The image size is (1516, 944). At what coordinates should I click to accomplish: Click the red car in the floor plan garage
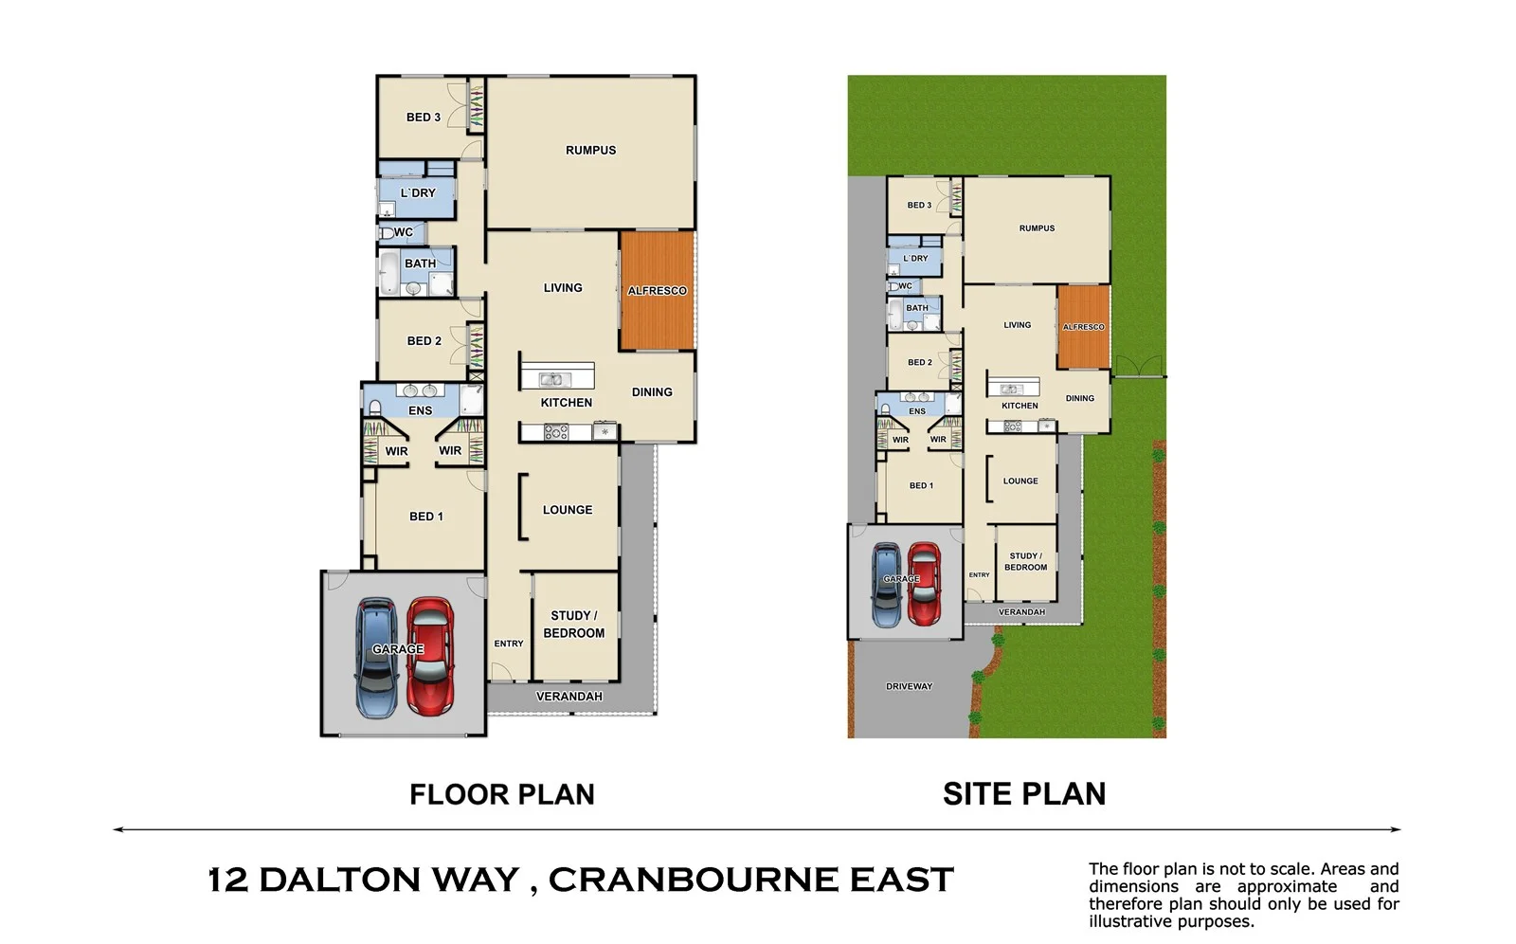pos(430,656)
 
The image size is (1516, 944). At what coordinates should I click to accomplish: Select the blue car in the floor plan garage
pos(376,658)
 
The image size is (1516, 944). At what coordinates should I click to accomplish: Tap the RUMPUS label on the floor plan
pos(590,150)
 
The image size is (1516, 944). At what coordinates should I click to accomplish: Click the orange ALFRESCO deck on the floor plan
pos(657,290)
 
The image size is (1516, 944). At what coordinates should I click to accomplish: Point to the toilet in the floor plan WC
pos(387,232)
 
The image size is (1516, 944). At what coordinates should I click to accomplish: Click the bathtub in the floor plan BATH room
pos(388,273)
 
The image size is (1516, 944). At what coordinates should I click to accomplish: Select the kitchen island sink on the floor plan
pos(555,380)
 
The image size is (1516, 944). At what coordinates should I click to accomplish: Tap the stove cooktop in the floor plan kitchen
pos(556,432)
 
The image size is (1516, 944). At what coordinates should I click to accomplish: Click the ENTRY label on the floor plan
pos(509,644)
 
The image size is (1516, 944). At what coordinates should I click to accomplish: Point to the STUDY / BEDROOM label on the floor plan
pos(573,624)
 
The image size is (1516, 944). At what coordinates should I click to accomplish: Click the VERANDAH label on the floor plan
pos(568,697)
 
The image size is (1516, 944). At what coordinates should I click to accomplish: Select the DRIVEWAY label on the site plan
pos(909,686)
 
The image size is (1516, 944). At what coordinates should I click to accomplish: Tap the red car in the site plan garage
pos(924,584)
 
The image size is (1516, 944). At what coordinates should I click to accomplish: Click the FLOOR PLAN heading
pos(501,794)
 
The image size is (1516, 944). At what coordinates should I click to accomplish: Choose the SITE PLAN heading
pos(1024,794)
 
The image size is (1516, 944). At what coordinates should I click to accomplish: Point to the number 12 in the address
pos(228,880)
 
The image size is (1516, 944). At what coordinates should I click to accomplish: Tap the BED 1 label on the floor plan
pos(425,517)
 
